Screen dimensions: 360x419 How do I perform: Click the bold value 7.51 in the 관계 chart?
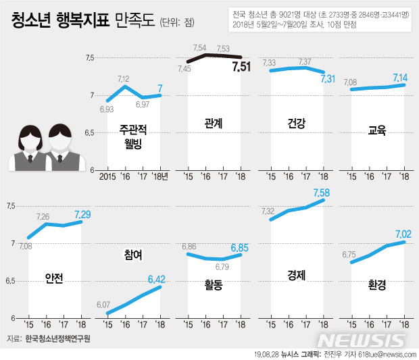tap(241, 66)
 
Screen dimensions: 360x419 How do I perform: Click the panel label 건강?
tap(296, 123)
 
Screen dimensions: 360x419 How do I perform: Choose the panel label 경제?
tap(296, 276)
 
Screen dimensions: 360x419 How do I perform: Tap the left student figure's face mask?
tap(31, 144)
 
